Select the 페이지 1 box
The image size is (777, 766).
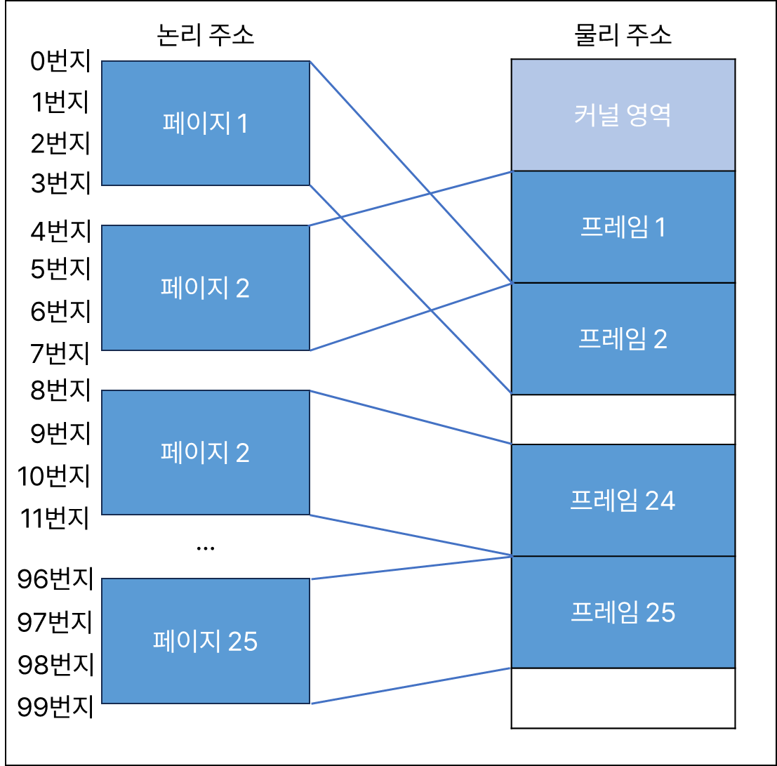206,124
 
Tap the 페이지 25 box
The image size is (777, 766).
206,640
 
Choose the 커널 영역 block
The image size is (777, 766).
623,115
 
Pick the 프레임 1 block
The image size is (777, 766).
623,227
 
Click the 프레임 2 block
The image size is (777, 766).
623,338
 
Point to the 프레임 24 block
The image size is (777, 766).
623,500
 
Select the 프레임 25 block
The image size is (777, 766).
623,612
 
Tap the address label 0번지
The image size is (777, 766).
61,62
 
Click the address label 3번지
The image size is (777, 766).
61,184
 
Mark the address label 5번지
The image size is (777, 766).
61,268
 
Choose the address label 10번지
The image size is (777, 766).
55,476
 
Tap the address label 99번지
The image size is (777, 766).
55,705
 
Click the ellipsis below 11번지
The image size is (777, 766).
206,546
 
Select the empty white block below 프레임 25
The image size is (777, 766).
623,697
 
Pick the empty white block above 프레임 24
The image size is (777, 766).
623,419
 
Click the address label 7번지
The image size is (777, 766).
61,352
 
